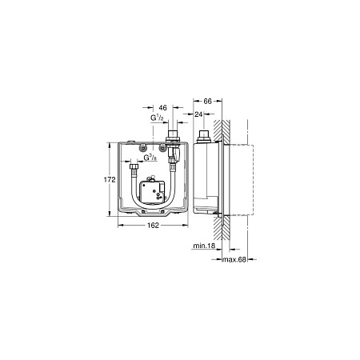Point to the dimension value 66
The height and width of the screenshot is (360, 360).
click(x=207, y=102)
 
